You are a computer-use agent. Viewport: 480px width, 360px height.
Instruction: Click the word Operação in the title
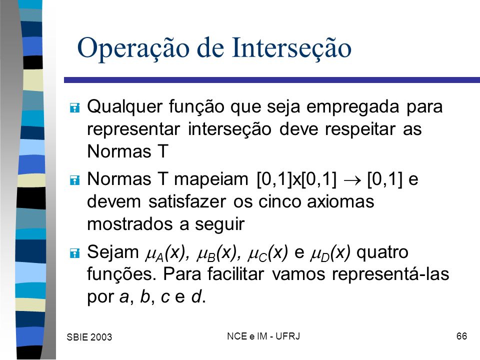[133, 48]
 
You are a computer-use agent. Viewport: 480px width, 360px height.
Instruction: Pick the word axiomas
[340, 201]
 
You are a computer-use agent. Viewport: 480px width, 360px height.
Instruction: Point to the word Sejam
[113, 252]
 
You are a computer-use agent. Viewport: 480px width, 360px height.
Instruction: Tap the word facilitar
[235, 273]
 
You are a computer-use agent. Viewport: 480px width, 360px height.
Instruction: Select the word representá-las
[390, 274]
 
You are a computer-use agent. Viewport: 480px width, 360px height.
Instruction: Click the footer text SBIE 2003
[89, 337]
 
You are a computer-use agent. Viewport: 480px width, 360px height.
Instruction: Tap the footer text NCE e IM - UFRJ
[263, 336]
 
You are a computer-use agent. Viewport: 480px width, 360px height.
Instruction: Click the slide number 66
[461, 336]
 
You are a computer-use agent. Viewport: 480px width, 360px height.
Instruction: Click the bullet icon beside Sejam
[74, 253]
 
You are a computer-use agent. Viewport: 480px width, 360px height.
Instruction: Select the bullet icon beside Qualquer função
[74, 108]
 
